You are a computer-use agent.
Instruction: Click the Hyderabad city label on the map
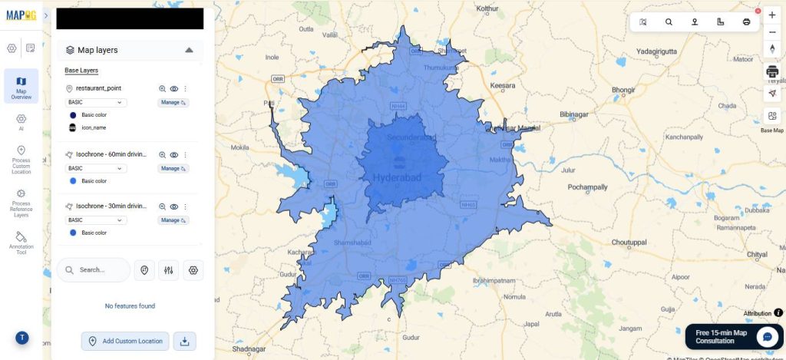click(398, 177)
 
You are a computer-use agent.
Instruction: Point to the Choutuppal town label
click(629, 242)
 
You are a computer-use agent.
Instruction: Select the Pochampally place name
click(587, 187)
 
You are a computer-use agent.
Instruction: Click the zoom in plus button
click(772, 15)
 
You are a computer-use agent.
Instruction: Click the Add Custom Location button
click(125, 341)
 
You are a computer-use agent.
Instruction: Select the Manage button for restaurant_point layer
click(173, 102)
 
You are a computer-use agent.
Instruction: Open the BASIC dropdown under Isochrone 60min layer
click(97, 168)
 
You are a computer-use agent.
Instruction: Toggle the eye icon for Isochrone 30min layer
click(174, 206)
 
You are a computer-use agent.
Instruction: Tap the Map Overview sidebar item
click(21, 86)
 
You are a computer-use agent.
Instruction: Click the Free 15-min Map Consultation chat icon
click(767, 336)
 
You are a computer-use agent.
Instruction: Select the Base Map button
click(772, 120)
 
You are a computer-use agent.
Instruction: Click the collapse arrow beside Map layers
click(189, 50)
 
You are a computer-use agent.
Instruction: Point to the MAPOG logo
click(21, 15)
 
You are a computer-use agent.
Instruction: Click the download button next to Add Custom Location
click(184, 341)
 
